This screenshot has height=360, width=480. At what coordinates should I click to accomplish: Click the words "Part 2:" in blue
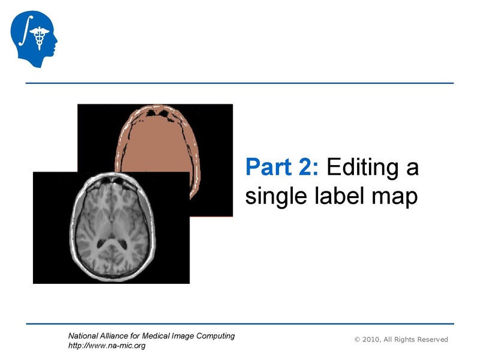pyautogui.click(x=281, y=167)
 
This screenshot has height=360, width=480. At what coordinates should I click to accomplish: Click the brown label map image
pyautogui.click(x=162, y=138)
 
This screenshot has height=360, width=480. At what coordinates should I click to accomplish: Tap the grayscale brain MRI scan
pyautogui.click(x=111, y=228)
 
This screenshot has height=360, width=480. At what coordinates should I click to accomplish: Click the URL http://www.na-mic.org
pyautogui.click(x=107, y=346)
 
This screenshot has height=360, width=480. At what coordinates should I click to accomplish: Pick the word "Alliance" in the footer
pyautogui.click(x=118, y=335)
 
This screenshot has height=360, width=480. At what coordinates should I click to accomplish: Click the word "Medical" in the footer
pyautogui.click(x=161, y=335)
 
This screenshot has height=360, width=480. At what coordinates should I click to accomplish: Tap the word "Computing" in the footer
pyautogui.click(x=216, y=335)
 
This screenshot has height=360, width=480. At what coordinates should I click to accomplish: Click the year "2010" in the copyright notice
pyautogui.click(x=372, y=340)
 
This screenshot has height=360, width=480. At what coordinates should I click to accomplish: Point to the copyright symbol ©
pyautogui.click(x=358, y=340)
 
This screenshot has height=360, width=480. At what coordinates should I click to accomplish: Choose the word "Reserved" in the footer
pyautogui.click(x=431, y=340)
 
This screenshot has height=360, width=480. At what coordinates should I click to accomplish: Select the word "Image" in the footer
pyautogui.click(x=188, y=335)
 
